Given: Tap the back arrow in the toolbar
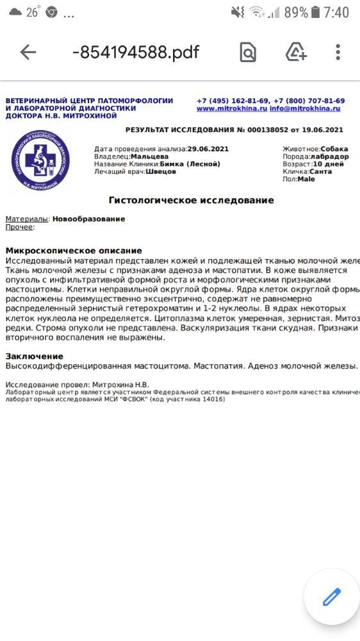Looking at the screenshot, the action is click(x=28, y=53).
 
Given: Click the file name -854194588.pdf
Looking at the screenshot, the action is click(x=136, y=53).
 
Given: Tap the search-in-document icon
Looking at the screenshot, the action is click(x=248, y=53).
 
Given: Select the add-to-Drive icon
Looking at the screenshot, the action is click(x=296, y=53).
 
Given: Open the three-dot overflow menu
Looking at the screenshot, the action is click(x=338, y=53).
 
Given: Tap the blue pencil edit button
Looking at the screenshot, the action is click(x=332, y=597).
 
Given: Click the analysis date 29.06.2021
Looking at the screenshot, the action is click(x=208, y=149).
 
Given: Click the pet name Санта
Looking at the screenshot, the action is click(x=320, y=172).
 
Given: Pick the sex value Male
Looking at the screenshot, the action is click(x=306, y=179).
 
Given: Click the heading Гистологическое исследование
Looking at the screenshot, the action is click(x=191, y=201).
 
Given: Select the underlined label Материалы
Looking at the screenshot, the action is click(x=26, y=219).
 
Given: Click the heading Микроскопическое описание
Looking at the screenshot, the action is click(x=74, y=251).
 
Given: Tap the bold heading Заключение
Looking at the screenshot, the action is click(x=35, y=356).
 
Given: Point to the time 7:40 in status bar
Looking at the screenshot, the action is click(x=336, y=12).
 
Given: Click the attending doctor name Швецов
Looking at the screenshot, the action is click(x=161, y=172).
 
